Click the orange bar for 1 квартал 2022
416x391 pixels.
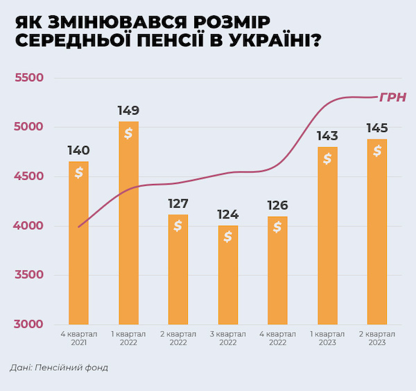click(x=129, y=223)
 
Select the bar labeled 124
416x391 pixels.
click(x=228, y=275)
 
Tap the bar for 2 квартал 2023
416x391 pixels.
click(x=377, y=231)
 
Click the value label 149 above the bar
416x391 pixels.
click(x=128, y=110)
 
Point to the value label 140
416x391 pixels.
click(x=78, y=151)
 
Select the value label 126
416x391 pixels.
click(x=277, y=206)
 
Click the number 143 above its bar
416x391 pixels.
click(x=327, y=136)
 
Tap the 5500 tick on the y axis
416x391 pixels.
click(x=29, y=78)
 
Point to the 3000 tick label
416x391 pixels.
click(x=28, y=324)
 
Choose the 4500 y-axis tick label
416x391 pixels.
click(x=28, y=176)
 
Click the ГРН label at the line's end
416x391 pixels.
click(x=392, y=97)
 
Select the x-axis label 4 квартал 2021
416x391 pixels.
click(x=79, y=338)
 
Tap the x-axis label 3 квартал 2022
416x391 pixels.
click(x=228, y=338)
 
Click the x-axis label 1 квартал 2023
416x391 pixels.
click(x=327, y=338)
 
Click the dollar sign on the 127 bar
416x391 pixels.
click(x=178, y=226)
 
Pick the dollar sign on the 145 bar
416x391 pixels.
click(x=377, y=151)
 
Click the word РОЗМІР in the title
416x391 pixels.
click(x=232, y=22)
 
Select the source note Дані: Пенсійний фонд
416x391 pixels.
click(x=59, y=367)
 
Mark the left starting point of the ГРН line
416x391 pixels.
click(x=78, y=227)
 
